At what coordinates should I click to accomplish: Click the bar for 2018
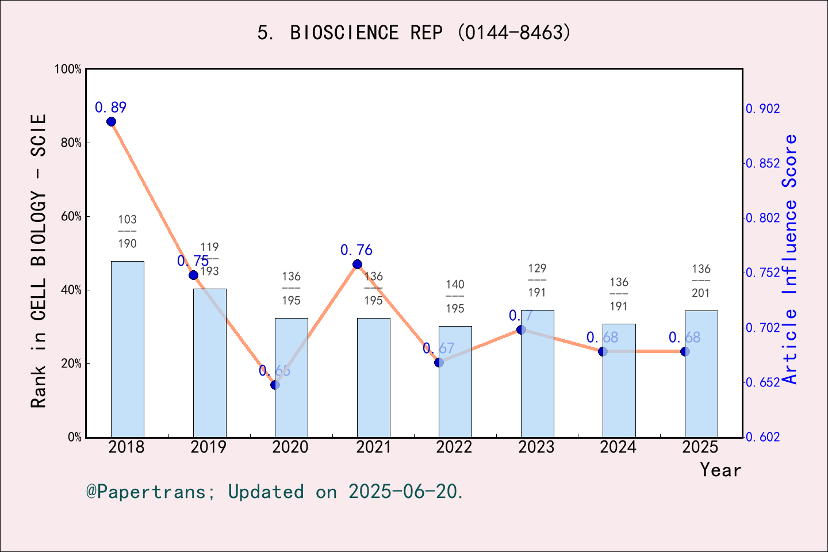point(127,349)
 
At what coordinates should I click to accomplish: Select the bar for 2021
point(373,377)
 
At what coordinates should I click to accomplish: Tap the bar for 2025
point(701,374)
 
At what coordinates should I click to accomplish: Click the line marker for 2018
point(111,121)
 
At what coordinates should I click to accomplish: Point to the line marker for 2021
point(357,264)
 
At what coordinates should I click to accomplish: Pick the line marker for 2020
point(275,385)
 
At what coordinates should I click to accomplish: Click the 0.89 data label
point(110,108)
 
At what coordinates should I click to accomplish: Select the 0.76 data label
point(356,250)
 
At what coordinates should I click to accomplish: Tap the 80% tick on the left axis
point(71,143)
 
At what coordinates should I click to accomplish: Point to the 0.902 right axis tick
point(763,109)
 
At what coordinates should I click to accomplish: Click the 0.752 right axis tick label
point(763,273)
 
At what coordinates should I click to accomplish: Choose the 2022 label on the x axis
point(454,447)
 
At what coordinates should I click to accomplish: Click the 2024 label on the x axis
point(618,447)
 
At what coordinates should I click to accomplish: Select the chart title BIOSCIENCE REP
point(414,33)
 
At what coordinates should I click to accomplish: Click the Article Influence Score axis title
point(790,259)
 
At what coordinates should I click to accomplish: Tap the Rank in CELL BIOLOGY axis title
point(39,261)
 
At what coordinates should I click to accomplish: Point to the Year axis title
point(720,470)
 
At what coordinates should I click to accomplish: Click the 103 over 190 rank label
point(128,231)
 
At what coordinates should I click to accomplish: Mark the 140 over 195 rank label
point(455,296)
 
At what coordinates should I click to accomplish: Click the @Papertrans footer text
point(275,492)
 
